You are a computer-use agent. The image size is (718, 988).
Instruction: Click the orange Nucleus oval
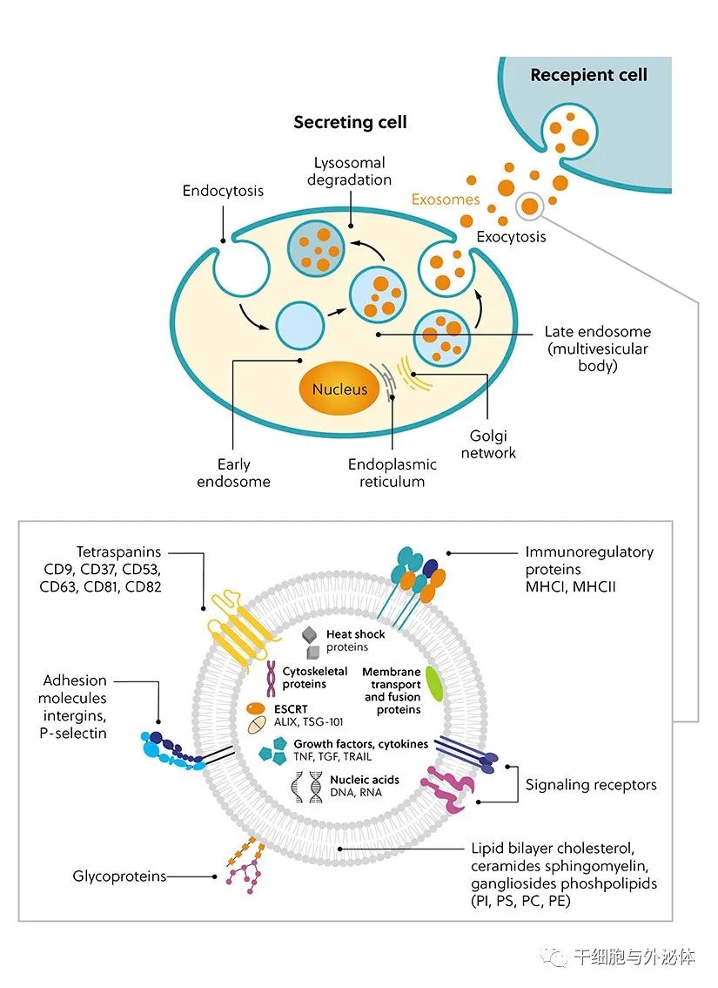[339, 389]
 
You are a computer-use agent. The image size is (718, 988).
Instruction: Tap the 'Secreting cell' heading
[350, 123]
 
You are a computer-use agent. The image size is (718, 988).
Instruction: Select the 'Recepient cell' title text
[588, 75]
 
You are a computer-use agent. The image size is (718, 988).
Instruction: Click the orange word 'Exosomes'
[446, 200]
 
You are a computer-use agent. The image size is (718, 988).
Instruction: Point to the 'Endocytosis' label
[223, 191]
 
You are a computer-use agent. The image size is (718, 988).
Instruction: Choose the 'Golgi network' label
[489, 444]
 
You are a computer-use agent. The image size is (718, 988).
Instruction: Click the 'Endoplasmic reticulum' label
[392, 473]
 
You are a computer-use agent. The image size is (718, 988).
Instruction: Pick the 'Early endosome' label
[233, 473]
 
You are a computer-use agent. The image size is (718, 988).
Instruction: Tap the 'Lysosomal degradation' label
[348, 172]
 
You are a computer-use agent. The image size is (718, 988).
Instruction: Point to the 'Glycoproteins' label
[119, 876]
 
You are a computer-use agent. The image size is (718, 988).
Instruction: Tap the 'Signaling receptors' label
[591, 785]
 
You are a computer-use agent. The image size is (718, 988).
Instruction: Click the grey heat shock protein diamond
[309, 636]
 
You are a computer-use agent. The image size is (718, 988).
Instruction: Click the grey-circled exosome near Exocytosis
[527, 206]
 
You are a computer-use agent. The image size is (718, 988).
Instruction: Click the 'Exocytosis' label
[512, 236]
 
